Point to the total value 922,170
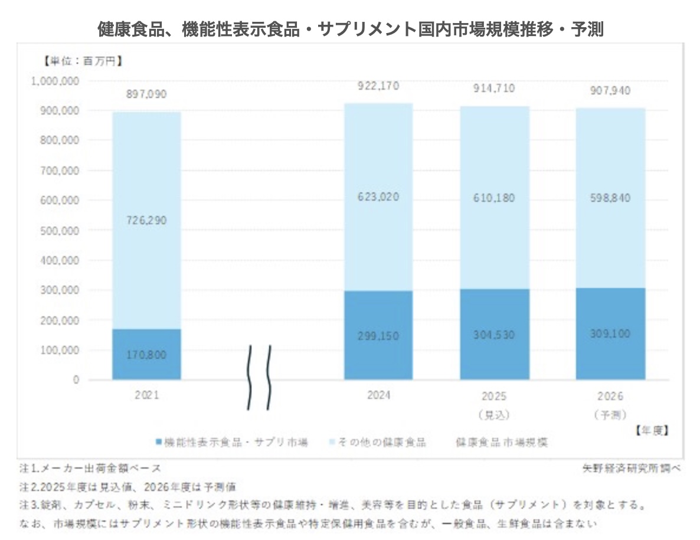[378, 86]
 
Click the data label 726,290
[146, 220]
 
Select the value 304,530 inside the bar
[495, 335]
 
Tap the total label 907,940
[610, 91]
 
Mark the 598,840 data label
[610, 198]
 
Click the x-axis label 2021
[146, 395]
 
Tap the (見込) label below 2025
[495, 414]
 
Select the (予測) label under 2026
[610, 414]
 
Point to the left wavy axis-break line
[250, 378]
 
